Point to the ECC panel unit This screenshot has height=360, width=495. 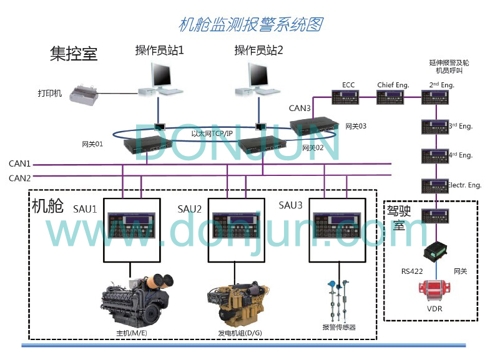[348, 97]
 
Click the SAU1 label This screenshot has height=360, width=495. [85, 208]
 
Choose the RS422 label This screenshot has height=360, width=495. [412, 271]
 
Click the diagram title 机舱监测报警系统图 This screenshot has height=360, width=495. [250, 25]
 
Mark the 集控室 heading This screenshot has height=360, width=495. [73, 54]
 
